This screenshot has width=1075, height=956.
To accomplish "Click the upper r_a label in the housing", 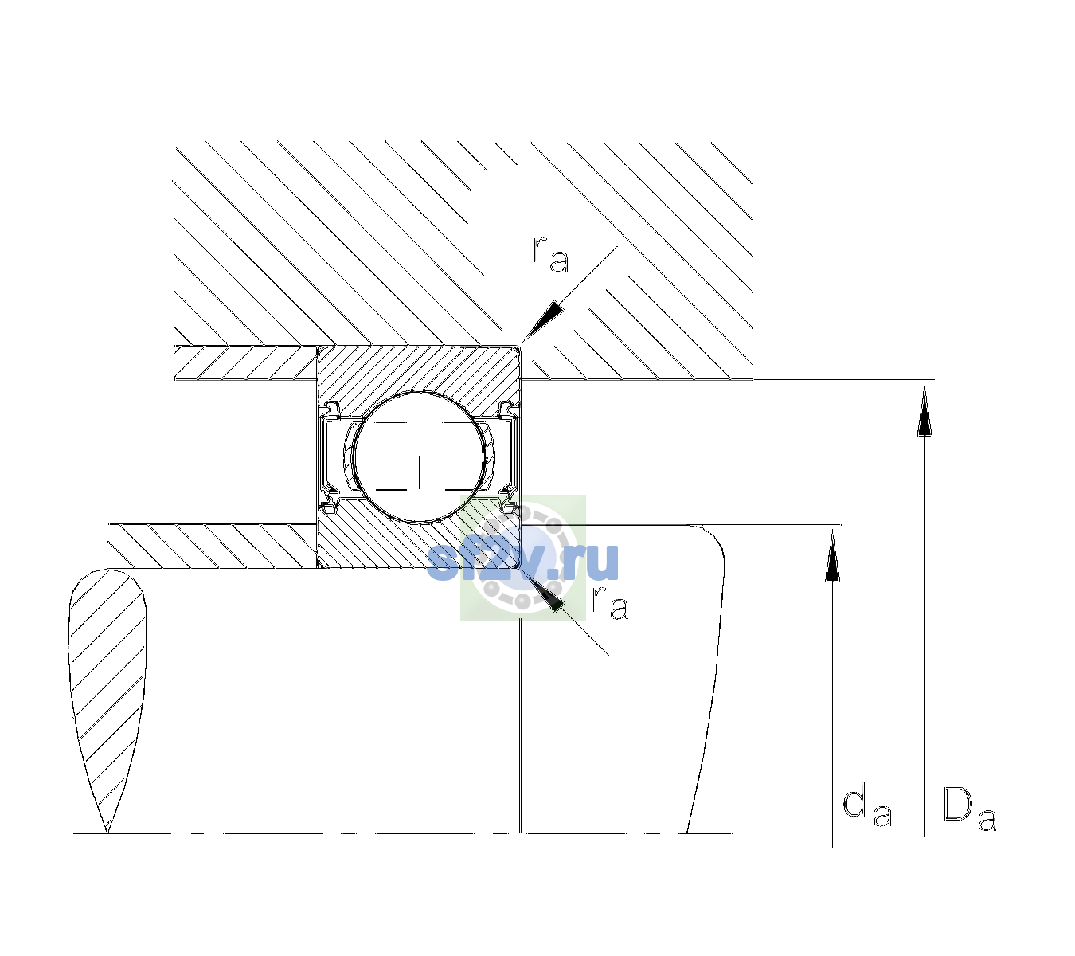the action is [x=551, y=255].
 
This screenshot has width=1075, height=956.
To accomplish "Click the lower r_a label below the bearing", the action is [x=610, y=603].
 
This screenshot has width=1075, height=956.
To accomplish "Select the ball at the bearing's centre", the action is [x=419, y=457].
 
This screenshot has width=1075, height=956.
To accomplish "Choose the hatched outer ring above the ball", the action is [x=419, y=371].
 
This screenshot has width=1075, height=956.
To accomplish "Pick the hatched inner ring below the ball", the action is [x=419, y=542].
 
